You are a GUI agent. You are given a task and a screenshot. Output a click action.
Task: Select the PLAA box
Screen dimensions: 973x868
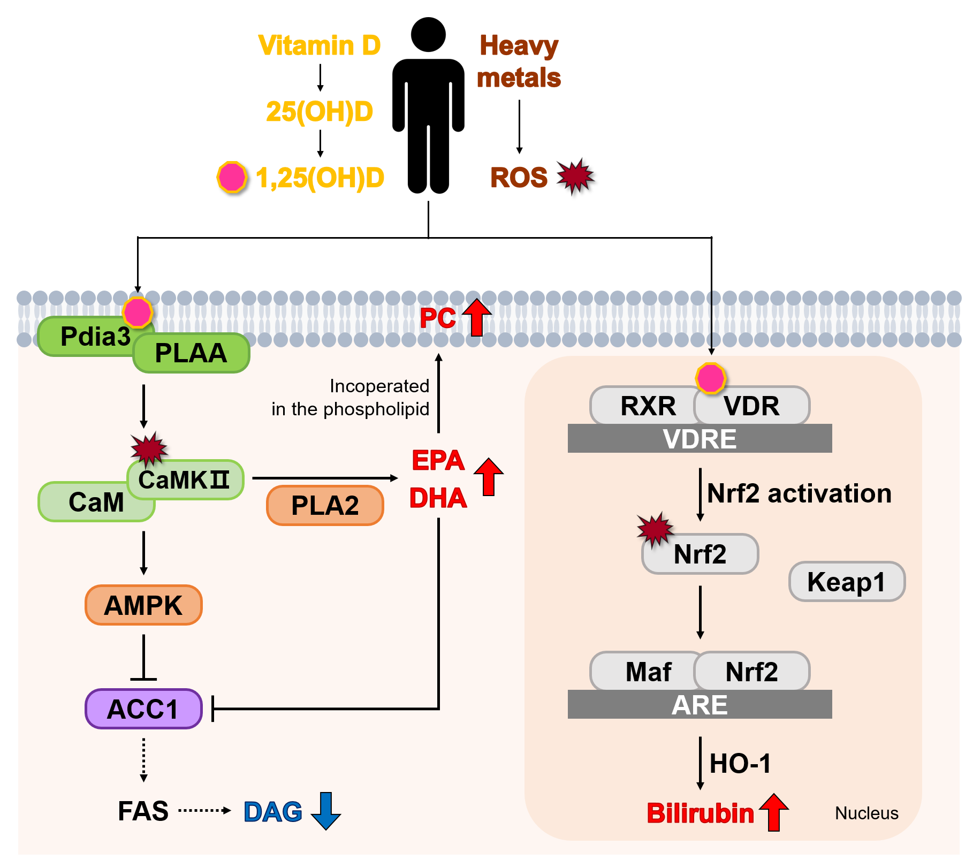click(x=191, y=353)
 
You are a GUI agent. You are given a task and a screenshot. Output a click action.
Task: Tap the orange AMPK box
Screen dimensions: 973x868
click(x=143, y=605)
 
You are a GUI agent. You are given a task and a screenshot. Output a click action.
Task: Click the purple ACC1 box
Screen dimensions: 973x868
click(x=143, y=709)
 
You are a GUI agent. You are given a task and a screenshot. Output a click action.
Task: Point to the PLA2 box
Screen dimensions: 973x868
click(x=325, y=505)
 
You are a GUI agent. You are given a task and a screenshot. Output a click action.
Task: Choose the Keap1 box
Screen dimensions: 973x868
click(x=847, y=582)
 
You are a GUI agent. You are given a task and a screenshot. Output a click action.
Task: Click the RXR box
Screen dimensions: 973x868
click(x=645, y=406)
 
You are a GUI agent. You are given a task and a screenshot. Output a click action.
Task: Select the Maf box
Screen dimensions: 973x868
click(x=645, y=671)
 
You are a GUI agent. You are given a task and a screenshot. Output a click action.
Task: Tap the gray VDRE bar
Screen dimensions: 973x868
click(x=700, y=438)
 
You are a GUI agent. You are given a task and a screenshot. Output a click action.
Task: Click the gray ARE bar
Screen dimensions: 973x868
click(x=700, y=704)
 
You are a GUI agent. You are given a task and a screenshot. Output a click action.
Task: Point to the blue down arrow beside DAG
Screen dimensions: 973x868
click(x=326, y=811)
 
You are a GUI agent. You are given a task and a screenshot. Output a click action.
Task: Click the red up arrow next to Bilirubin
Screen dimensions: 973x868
click(x=773, y=812)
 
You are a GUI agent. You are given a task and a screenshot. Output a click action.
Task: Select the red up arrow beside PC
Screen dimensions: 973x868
click(x=477, y=317)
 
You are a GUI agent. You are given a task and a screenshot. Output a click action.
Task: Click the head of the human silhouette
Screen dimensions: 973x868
click(x=428, y=35)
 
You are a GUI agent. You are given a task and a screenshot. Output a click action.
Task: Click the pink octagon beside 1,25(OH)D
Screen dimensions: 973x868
click(x=232, y=177)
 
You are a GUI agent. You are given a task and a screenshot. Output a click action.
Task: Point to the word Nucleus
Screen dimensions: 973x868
click(x=866, y=813)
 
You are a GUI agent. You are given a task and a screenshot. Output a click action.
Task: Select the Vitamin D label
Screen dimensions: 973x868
click(x=320, y=45)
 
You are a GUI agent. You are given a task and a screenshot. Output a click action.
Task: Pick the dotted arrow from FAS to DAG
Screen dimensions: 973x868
click(x=204, y=810)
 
